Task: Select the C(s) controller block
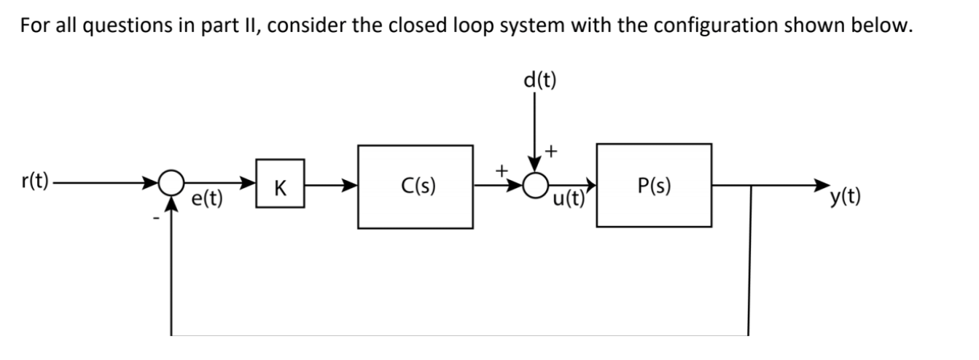coord(416,187)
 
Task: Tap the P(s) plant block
coord(654,185)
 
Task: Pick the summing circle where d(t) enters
coord(537,186)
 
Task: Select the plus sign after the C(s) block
coord(502,170)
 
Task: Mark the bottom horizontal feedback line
coord(459,334)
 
